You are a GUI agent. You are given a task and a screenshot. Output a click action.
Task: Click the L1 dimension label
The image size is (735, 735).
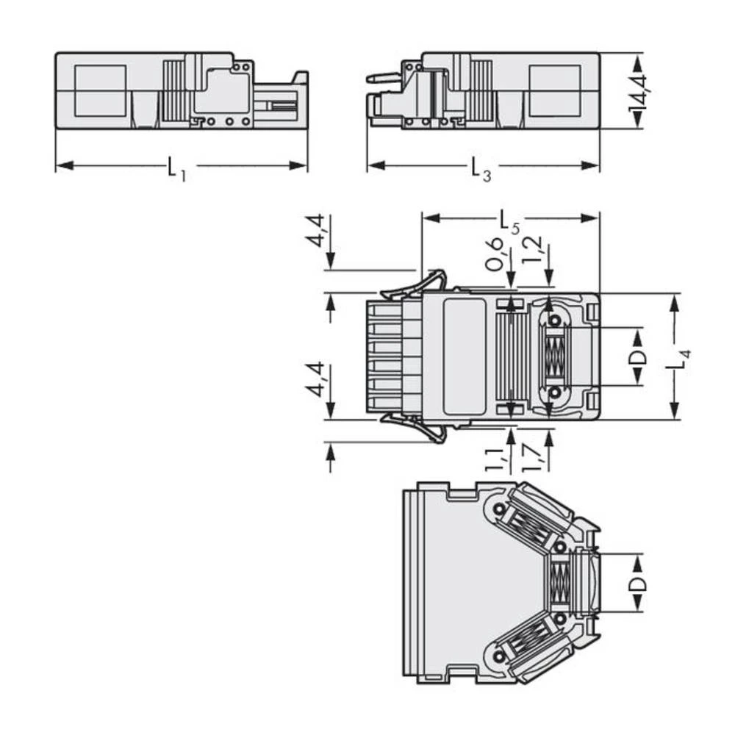click(x=174, y=170)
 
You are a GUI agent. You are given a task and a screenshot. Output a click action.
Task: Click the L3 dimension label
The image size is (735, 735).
click(x=481, y=170)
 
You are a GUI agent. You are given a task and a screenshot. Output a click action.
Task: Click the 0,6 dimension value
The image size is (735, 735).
click(x=495, y=253)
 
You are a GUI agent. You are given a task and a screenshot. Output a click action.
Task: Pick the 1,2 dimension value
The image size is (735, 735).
click(x=534, y=250)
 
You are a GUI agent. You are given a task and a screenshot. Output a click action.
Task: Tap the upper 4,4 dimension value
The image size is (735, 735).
click(x=316, y=231)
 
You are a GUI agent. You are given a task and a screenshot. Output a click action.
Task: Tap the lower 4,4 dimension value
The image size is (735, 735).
click(x=316, y=379)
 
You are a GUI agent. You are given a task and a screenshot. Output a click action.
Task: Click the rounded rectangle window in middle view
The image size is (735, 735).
click(x=465, y=356)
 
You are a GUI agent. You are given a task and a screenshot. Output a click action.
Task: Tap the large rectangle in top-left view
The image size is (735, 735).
click(x=101, y=90)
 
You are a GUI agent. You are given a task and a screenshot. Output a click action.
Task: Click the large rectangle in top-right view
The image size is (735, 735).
click(x=555, y=90)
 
